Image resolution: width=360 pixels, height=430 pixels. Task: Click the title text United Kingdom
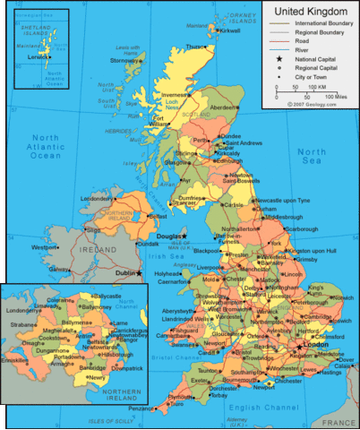coord(310,11)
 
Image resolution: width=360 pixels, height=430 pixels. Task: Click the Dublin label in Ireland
coord(122,272)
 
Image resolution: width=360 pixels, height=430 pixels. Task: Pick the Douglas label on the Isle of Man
coord(169,236)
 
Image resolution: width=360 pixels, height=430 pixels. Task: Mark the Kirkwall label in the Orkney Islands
coord(231,30)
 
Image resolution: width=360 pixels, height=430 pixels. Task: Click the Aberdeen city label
coord(223,107)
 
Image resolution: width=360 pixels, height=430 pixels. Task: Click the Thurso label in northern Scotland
coord(194,46)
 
